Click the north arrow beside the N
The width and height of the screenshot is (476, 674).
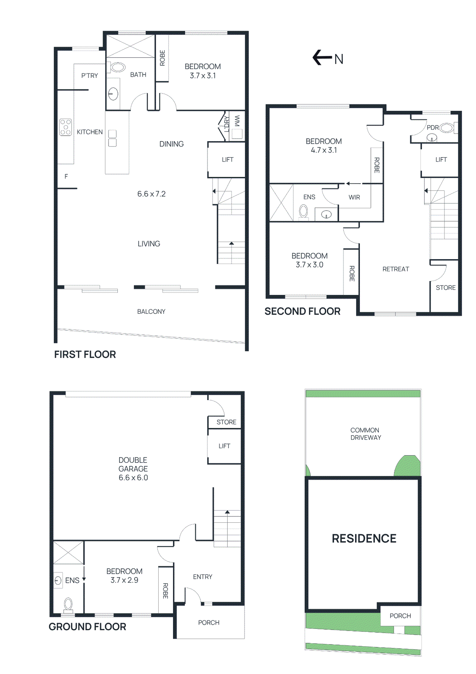pos(322,58)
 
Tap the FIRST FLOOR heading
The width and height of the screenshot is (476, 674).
pos(85,355)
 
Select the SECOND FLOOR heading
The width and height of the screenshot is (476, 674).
pos(302,312)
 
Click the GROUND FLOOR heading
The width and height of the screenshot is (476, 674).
pos(87,627)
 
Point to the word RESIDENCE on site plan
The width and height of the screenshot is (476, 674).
pos(364,539)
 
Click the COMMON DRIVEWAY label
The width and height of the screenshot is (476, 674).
pos(365,434)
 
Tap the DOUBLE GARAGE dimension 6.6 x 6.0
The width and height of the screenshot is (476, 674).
pos(133,478)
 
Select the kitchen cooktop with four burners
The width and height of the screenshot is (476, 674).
pos(65,127)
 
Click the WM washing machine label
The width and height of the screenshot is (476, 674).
pos(237,120)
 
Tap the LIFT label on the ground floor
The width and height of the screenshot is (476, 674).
pos(224,446)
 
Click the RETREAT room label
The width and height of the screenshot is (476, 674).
pos(396,269)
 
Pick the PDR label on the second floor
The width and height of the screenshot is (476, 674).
pos(432,128)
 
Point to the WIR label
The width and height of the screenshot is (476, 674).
pos(354,197)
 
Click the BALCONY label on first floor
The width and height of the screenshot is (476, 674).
pos(151,312)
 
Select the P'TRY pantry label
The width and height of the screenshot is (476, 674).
pos(90,76)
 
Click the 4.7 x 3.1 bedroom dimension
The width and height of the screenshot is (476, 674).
pos(324,150)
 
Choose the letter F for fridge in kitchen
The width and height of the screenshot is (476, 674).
pos(66,177)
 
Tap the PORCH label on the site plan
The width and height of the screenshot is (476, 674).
pos(400,616)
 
